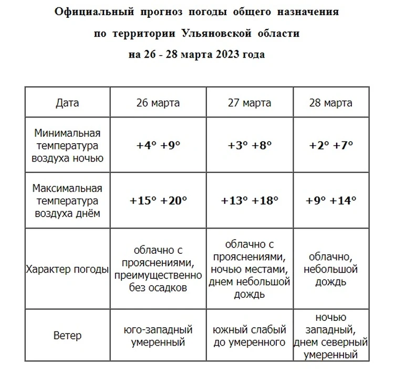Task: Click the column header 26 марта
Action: click(158, 103)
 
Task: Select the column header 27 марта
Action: click(250, 103)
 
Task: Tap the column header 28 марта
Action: click(330, 103)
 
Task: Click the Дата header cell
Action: click(67, 103)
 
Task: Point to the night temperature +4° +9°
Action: click(158, 145)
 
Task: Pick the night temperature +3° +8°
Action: click(250, 145)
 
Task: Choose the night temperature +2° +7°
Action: click(330, 145)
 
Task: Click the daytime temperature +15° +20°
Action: click(158, 200)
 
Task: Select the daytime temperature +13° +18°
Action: click(250, 200)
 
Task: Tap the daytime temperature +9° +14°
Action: click(330, 200)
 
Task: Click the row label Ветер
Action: click(67, 336)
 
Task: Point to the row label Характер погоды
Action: click(67, 269)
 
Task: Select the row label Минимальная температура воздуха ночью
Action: click(67, 145)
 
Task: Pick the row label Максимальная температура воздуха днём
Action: click(67, 200)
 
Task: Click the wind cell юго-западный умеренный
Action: click(158, 336)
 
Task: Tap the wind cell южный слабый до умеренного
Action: click(250, 336)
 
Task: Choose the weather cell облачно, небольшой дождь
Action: click(330, 269)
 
